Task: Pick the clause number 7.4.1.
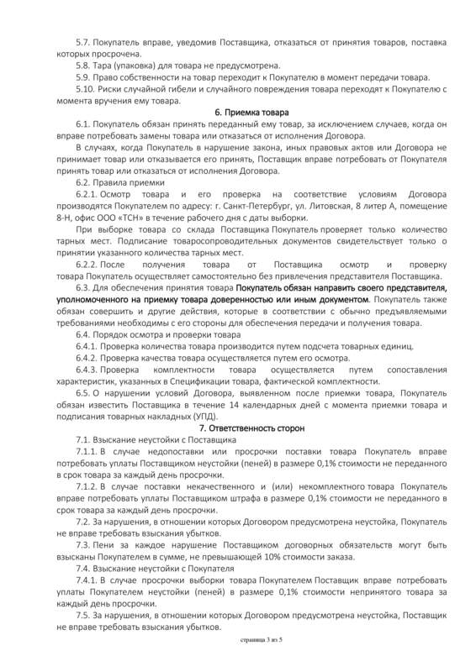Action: click(x=87, y=581)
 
